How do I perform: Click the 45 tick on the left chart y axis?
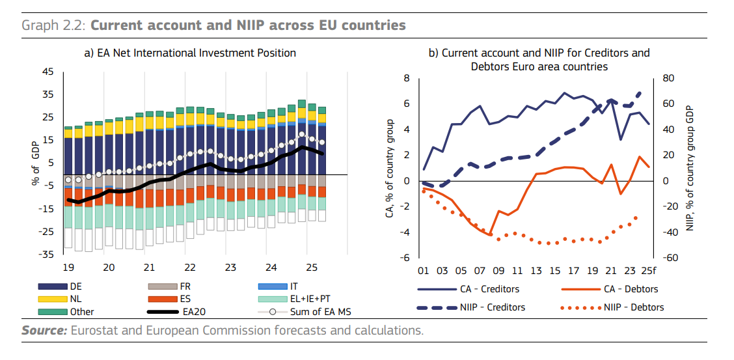(48, 72)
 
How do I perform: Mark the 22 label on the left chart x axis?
(190, 268)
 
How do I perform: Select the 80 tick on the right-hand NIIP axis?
(669, 78)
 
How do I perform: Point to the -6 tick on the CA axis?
(405, 258)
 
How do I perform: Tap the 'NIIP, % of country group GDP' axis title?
(691, 168)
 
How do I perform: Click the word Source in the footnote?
(43, 331)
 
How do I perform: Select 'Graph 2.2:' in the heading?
(54, 25)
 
